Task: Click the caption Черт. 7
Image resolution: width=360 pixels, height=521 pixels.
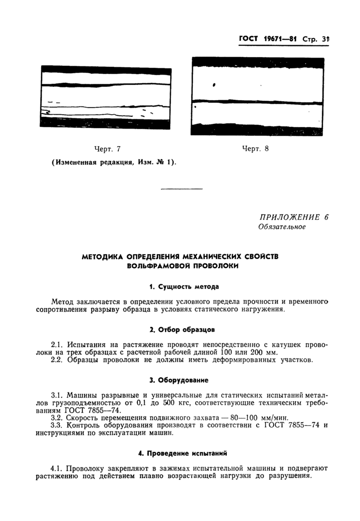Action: pos(107,149)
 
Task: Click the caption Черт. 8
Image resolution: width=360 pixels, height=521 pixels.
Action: pos(256,149)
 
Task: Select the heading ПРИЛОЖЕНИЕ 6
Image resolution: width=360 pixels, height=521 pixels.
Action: pos(294,217)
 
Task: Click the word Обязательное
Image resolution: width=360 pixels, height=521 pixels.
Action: pos(282,227)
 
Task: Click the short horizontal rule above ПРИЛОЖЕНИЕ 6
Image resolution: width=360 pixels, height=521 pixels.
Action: pos(182,189)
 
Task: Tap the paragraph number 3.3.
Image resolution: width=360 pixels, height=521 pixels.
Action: pos(59,425)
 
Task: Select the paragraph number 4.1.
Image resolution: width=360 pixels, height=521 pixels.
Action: pos(59,469)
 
